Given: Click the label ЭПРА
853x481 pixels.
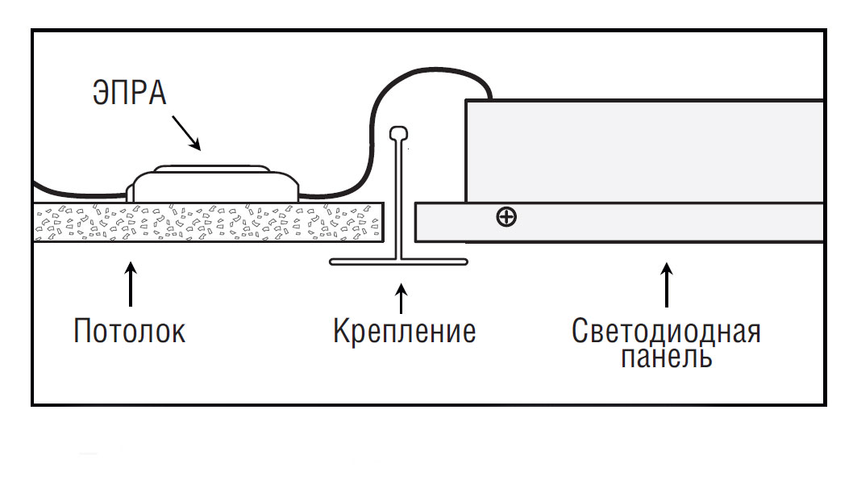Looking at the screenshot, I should coord(129,93).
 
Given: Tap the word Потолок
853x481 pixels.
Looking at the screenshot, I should coord(129,331).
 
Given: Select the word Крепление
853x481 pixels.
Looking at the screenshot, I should coord(404,331).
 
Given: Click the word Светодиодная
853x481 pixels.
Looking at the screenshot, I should coord(666,332).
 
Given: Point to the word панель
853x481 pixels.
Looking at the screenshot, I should coord(666,356).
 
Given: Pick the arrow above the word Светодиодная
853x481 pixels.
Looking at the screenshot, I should coord(666,284).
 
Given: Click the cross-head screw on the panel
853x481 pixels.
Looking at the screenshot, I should coord(506,217).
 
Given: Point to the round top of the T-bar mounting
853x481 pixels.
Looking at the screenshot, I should coord(398,132).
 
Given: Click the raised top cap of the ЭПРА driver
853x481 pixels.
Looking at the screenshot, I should coord(210,169).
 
